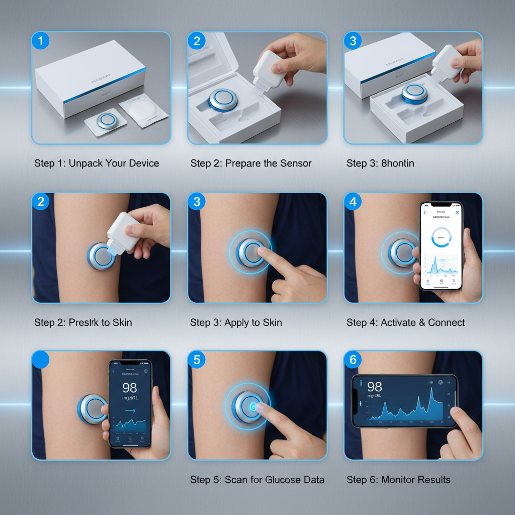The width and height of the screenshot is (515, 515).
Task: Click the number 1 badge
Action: pos(41,41)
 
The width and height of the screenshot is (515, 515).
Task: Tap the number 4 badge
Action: pos(353,201)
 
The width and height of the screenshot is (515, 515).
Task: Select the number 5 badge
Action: pos(197,360)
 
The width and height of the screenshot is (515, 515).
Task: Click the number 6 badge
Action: pos(353,360)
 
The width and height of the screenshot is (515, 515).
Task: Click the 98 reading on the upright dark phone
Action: pos(130,388)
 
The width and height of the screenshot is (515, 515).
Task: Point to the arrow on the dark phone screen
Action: pos(130,410)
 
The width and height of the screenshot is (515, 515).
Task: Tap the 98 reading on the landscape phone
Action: pos(375,387)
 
